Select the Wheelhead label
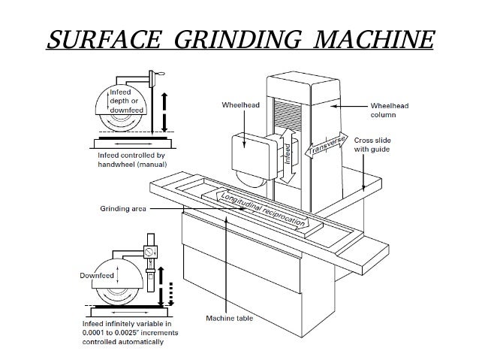point(240,105)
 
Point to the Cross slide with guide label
point(383,144)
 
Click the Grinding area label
point(122,208)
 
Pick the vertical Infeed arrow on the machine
point(287,156)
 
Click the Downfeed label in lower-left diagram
point(97,275)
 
